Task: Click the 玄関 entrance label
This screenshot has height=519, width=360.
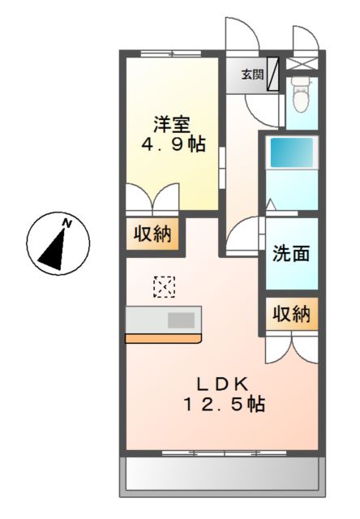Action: [x=252, y=75]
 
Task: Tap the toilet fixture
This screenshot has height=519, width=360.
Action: [x=301, y=95]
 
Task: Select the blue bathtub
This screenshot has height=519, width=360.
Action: [x=292, y=152]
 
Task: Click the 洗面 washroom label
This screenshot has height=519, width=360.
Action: [x=291, y=254]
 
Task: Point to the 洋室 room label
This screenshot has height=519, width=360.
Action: [x=172, y=124]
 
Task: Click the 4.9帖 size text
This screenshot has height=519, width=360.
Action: [x=174, y=144]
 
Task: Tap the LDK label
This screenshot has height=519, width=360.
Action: [x=223, y=384]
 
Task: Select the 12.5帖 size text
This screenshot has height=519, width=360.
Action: [x=224, y=404]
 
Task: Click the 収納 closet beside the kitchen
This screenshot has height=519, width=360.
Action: [x=152, y=234]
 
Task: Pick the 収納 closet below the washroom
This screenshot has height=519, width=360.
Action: [x=292, y=314]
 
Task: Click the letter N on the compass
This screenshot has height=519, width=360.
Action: [x=67, y=224]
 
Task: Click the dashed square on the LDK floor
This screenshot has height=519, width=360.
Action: [x=164, y=286]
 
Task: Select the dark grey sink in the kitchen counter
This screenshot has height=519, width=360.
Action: [x=181, y=320]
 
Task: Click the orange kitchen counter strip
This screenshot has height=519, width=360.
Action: [x=164, y=339]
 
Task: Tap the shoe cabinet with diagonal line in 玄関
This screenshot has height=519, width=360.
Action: [x=272, y=74]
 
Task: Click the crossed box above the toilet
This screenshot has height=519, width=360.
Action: [x=302, y=64]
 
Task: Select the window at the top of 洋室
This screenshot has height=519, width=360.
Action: [x=171, y=54]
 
